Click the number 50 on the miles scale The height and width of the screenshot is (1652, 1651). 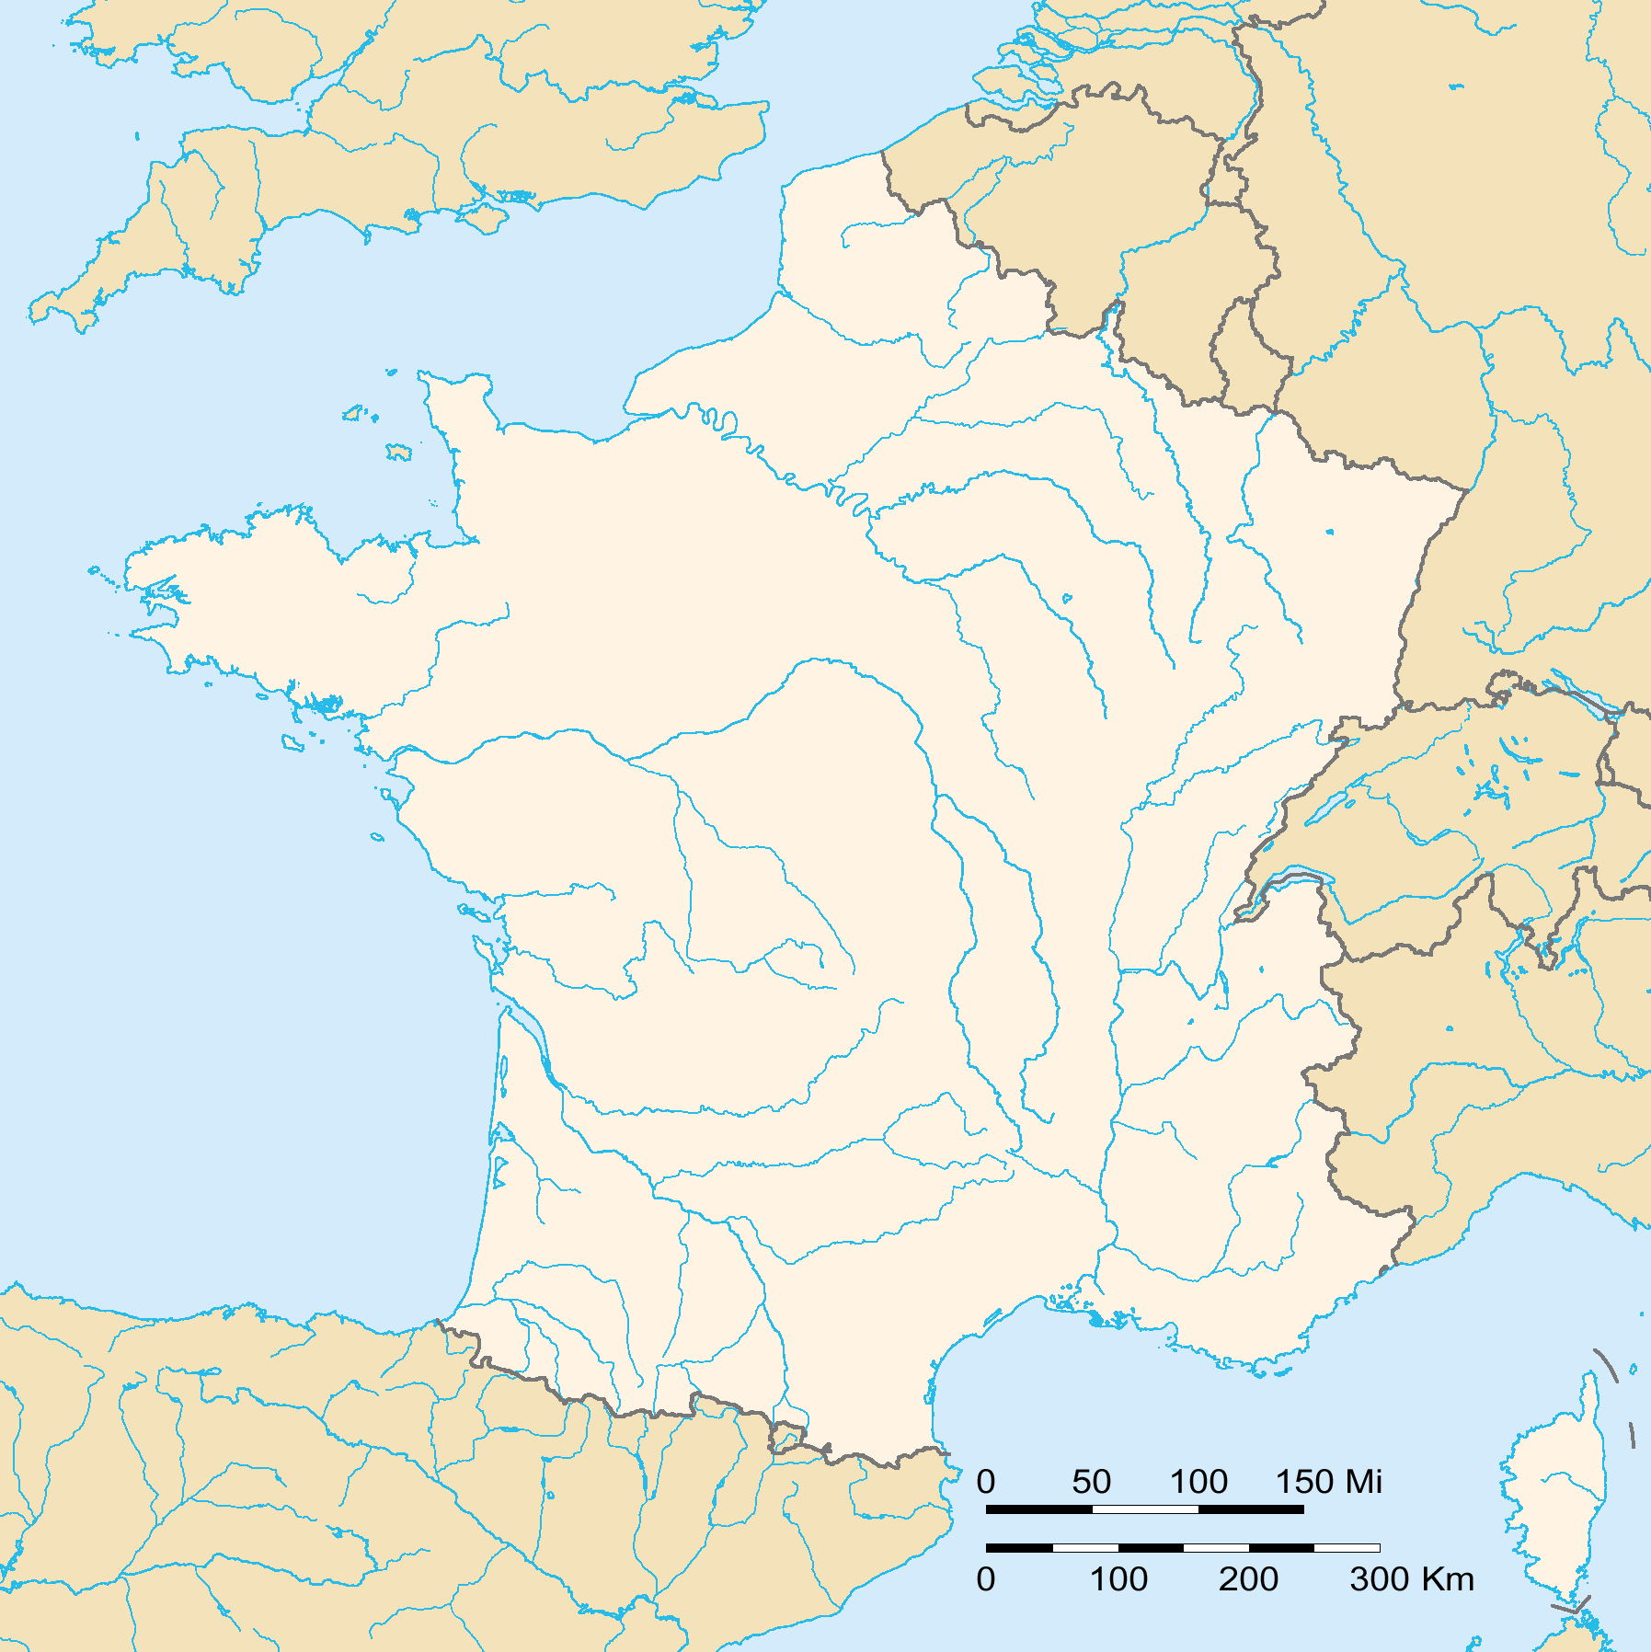(x=1091, y=1482)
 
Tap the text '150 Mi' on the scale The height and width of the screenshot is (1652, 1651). (x=1328, y=1482)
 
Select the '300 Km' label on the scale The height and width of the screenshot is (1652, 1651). (x=1411, y=1579)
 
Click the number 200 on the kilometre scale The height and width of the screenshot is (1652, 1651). (x=1248, y=1579)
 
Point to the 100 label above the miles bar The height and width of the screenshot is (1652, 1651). (x=1198, y=1482)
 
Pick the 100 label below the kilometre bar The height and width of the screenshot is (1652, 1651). (x=1118, y=1579)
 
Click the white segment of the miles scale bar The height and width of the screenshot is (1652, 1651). (x=1145, y=1509)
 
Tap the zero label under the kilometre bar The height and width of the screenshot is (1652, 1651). (x=986, y=1579)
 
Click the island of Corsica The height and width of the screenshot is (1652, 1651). (x=1554, y=1490)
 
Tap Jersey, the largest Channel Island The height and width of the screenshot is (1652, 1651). (x=399, y=453)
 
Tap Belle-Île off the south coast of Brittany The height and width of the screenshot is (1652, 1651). (x=293, y=741)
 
